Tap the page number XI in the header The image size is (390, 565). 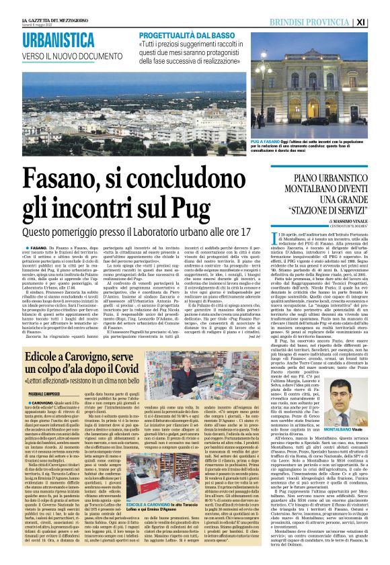tap(379, 21)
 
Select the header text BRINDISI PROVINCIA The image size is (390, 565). tap(327, 21)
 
